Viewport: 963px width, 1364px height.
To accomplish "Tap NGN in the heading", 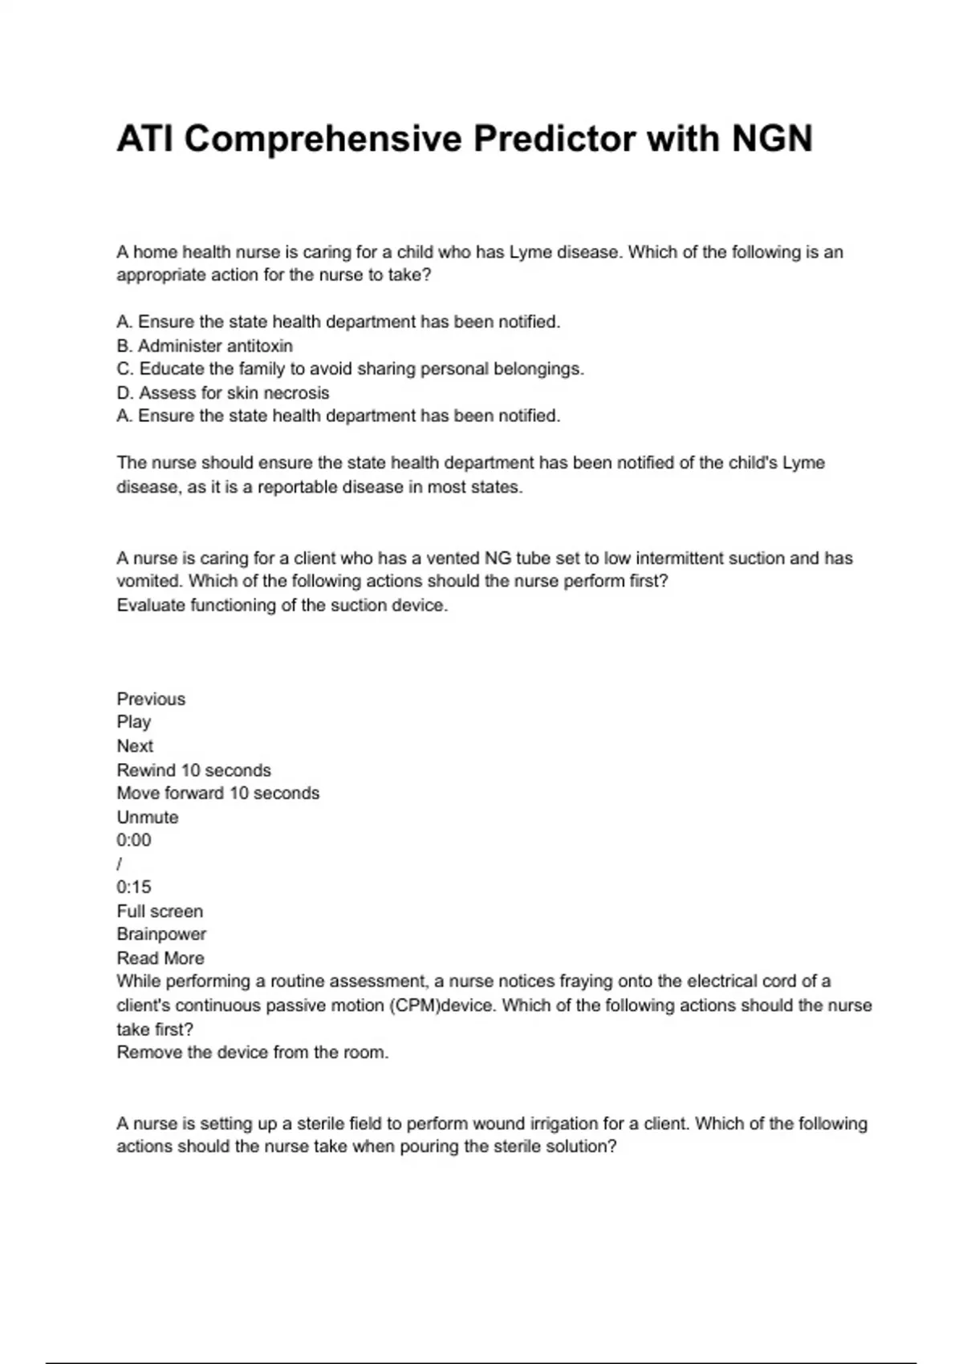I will (x=771, y=139).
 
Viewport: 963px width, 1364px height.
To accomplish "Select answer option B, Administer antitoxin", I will (x=205, y=346).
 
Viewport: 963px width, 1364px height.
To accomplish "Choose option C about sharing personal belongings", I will (x=350, y=369).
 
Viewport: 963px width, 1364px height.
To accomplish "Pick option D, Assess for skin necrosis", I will (x=223, y=393).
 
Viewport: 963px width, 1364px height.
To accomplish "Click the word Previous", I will (x=151, y=699).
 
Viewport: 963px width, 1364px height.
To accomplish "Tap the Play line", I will (x=134, y=722).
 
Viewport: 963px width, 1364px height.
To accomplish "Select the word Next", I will (x=135, y=746).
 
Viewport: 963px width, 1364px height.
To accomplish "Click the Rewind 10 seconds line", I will (x=194, y=770).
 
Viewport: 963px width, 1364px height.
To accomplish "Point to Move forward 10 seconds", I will (x=218, y=794).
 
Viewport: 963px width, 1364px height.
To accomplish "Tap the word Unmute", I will (x=148, y=818).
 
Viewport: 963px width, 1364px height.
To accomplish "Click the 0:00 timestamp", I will (x=134, y=840).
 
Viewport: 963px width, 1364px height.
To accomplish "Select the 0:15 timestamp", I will (x=134, y=887).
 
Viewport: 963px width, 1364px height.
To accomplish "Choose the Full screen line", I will (x=160, y=911).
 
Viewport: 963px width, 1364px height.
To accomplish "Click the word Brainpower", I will (x=161, y=935).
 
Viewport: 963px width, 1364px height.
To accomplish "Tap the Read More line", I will (x=160, y=958).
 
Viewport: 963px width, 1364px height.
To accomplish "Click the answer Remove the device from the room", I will (x=253, y=1053).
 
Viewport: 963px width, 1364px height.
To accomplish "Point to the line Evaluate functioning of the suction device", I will (x=282, y=606).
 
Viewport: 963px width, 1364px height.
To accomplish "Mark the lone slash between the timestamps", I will (x=120, y=864).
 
